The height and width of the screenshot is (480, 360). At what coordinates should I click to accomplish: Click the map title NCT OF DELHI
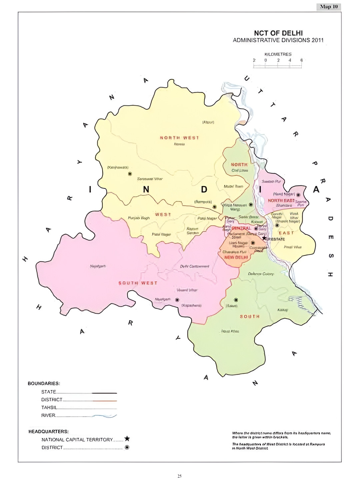click(x=278, y=33)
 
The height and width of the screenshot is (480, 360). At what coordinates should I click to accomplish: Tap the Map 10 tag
click(x=329, y=7)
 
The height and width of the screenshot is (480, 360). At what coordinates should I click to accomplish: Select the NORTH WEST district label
click(x=179, y=138)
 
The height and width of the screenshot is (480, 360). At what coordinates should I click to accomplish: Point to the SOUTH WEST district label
click(x=138, y=283)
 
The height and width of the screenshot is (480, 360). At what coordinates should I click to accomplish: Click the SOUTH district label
click(x=250, y=316)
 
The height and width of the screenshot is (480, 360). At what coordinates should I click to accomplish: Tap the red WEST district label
click(x=163, y=214)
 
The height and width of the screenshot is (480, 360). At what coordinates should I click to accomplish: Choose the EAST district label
click(x=286, y=233)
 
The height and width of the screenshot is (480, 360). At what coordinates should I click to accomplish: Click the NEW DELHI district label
click(x=236, y=257)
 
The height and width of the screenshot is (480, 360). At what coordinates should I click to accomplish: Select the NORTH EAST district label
click(x=281, y=200)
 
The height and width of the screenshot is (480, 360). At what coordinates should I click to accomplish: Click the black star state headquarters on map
click(x=264, y=238)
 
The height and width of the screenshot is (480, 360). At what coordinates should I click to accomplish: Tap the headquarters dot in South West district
click(x=177, y=300)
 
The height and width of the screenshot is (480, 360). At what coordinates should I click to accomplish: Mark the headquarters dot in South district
click(x=236, y=300)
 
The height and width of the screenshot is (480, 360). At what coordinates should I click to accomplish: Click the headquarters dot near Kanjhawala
click(x=130, y=174)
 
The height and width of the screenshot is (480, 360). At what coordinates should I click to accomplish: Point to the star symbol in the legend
click(x=127, y=439)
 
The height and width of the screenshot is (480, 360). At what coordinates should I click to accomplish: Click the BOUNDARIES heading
click(x=44, y=383)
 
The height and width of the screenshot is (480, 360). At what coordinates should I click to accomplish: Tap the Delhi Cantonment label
click(x=195, y=266)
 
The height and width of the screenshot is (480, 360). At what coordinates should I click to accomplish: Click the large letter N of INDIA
click(x=146, y=189)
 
